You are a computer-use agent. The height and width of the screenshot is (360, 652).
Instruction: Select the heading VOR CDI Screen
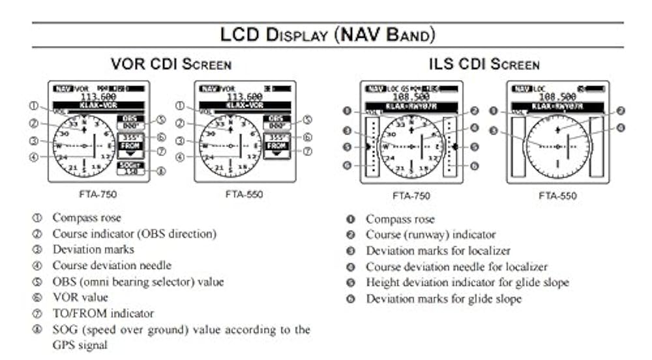click(171, 65)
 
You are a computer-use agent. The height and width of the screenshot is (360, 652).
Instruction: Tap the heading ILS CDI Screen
click(484, 65)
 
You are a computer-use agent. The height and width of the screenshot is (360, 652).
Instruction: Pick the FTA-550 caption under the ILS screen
click(557, 195)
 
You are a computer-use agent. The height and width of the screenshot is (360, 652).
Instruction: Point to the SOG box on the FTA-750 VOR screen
click(130, 168)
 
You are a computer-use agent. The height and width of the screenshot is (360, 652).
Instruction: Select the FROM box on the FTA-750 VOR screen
click(130, 147)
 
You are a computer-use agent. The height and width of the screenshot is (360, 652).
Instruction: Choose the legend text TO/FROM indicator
click(103, 314)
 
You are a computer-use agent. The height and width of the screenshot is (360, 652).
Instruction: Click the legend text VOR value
click(80, 298)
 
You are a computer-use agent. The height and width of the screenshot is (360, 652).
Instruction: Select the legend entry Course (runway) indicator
click(430, 235)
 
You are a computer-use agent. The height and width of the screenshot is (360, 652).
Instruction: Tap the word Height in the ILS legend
click(381, 283)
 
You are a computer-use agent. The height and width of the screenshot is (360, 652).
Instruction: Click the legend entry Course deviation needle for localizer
click(456, 267)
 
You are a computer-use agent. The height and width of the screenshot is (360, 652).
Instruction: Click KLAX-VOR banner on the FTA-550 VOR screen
click(246, 104)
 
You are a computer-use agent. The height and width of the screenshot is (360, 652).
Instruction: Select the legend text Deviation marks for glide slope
click(443, 299)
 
